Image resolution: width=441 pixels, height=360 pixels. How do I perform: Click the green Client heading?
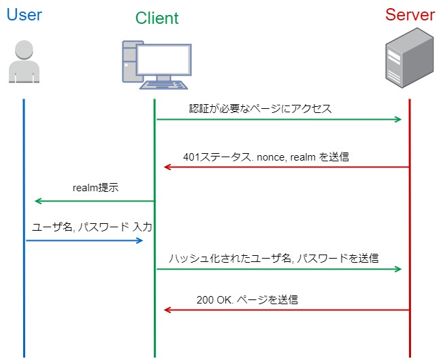[157, 18]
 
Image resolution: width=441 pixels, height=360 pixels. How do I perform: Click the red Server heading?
[410, 15]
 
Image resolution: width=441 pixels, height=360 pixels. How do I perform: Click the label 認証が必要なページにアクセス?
[260, 108]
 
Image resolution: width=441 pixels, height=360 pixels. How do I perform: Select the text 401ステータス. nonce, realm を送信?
[266, 157]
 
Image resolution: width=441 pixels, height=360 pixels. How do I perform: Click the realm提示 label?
[95, 188]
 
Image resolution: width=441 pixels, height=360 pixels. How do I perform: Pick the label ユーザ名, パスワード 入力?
[92, 227]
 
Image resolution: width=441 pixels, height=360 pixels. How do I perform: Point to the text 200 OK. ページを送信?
[247, 299]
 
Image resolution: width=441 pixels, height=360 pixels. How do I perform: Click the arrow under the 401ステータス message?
[286, 167]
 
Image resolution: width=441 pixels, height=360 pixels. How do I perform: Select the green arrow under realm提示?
[95, 201]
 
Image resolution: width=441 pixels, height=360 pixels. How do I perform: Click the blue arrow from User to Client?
[84, 240]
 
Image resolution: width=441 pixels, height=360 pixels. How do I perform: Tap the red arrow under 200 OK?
[286, 310]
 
